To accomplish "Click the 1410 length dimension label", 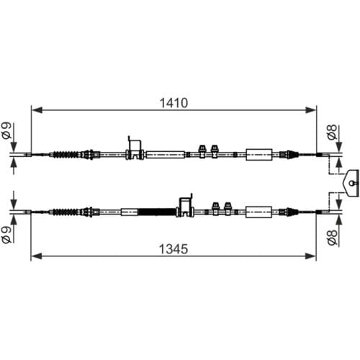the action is [174, 103].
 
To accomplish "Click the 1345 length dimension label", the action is [174, 249].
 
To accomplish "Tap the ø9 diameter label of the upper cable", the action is [6, 130].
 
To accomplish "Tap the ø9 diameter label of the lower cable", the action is [6, 235].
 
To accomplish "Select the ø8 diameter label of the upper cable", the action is [333, 132].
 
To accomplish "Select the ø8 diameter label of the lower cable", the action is [333, 238].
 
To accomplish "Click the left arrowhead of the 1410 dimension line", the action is [37, 110].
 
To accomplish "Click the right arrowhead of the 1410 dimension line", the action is [310, 110].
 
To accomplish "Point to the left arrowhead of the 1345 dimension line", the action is [37, 256].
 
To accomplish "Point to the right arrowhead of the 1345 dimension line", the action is [310, 256].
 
